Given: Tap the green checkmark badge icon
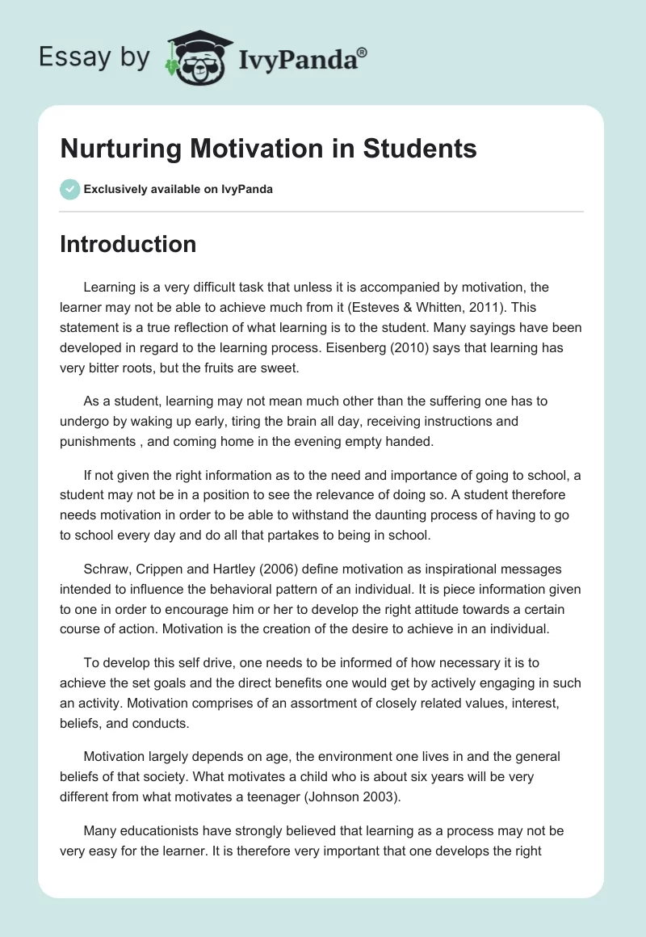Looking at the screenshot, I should click(69, 189).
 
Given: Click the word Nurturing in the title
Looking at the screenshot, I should click(122, 149).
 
